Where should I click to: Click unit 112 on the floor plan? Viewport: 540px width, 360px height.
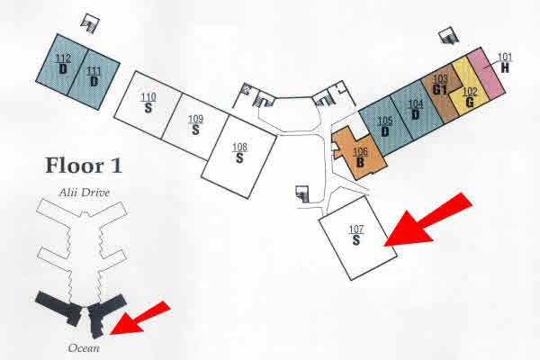pos(61,65)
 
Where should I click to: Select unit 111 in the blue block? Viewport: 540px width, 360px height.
pos(94,79)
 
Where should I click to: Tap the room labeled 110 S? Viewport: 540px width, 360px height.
pos(148,104)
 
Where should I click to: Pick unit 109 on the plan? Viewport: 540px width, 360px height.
pos(195,126)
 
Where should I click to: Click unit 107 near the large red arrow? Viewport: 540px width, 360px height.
pos(357,238)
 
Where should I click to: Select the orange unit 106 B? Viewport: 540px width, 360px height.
pos(358,155)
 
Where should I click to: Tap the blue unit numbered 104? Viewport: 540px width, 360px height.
pos(417,110)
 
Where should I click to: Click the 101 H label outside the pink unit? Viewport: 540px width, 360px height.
pos(505,63)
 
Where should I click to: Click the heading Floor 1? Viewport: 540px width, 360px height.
pos(84,166)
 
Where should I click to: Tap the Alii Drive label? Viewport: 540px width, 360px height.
pos(84,193)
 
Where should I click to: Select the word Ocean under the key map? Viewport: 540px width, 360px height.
pos(84,348)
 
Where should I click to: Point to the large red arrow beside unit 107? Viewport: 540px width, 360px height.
pos(427,220)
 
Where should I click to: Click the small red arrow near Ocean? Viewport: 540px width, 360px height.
pos(140,319)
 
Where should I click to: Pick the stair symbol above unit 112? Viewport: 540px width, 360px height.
pos(90,23)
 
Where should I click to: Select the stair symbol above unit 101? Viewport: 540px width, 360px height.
pos(449,36)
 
